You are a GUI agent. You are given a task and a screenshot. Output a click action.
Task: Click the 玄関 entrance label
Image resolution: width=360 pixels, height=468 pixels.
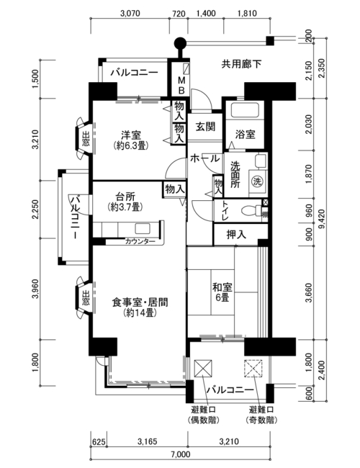coord(205,127)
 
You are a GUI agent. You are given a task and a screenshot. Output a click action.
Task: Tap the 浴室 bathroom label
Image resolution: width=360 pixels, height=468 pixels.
coord(245,135)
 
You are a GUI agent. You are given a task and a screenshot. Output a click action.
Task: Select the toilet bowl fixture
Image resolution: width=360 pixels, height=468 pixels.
coord(250,210)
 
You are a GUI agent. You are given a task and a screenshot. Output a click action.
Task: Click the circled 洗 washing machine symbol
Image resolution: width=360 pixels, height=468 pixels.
coord(257,181)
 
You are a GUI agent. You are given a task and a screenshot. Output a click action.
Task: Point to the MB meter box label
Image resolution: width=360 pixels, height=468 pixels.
coord(181,85)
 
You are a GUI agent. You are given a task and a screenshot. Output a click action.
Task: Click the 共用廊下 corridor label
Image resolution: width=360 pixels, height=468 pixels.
coord(241,64)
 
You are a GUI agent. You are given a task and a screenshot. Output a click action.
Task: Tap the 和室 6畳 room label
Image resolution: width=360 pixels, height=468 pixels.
coord(222,292)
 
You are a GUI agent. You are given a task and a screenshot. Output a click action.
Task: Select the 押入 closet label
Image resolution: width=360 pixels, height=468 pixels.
coord(236,235)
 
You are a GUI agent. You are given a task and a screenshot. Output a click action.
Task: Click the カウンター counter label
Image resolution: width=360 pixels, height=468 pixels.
coord(140,241)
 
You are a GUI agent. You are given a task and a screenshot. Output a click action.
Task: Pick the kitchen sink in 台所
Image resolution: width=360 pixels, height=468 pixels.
coord(142,228)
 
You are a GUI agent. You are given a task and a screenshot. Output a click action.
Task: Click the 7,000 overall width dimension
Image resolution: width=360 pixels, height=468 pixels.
coord(181,454)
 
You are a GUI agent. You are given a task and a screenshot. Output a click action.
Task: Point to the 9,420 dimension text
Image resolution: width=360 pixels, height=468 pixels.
coord(322,219)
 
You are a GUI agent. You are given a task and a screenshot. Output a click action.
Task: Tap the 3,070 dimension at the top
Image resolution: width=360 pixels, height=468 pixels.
coord(130,14)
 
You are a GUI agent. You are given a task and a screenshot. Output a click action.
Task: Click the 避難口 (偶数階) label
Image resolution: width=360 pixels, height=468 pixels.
coord(204,415)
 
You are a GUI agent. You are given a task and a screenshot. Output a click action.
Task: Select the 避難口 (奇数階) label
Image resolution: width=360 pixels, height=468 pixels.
coord(261,415)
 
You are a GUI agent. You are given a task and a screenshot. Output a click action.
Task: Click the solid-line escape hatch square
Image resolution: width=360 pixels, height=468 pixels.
coord(203,369)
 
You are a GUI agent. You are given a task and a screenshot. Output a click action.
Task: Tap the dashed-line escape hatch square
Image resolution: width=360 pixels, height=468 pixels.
coord(253,369)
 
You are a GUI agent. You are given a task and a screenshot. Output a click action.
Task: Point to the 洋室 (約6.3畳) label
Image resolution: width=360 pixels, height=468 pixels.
coord(131,140)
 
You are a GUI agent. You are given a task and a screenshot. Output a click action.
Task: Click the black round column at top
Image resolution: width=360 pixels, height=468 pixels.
coord(180,43)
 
